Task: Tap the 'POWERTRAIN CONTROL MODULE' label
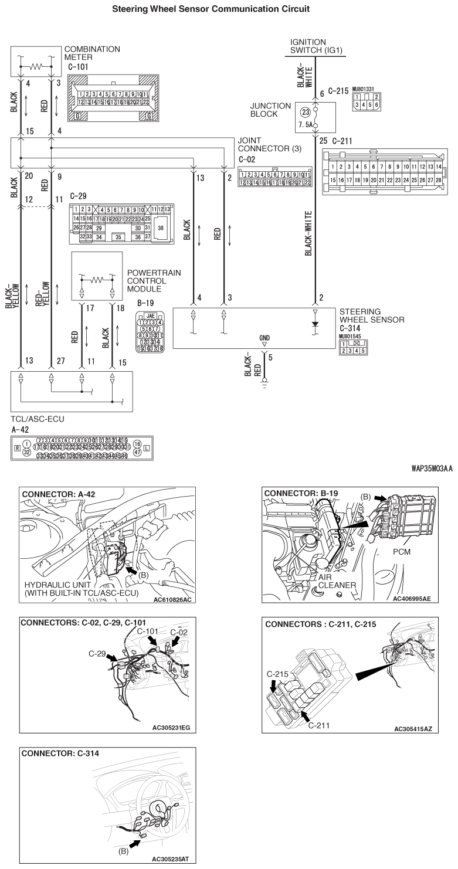point(154,281)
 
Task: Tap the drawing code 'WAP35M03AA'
point(427,470)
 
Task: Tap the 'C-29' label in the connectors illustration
point(97,653)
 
